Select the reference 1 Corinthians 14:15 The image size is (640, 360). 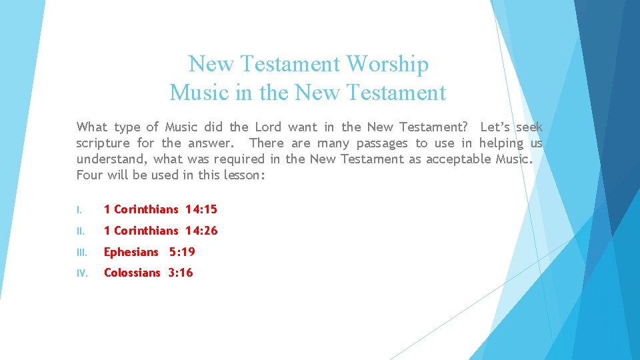(160, 209)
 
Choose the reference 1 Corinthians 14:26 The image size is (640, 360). (160, 231)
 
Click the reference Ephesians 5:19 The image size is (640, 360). (149, 252)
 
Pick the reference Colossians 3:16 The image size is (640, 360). (148, 273)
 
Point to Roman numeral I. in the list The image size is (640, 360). (79, 210)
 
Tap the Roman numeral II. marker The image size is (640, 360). (80, 231)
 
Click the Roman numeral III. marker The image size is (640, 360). (81, 253)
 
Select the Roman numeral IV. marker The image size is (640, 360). (81, 273)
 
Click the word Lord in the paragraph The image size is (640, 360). (268, 127)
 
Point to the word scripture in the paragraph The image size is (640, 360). (103, 143)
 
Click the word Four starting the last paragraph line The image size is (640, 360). (89, 175)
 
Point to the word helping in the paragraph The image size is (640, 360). (501, 143)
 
